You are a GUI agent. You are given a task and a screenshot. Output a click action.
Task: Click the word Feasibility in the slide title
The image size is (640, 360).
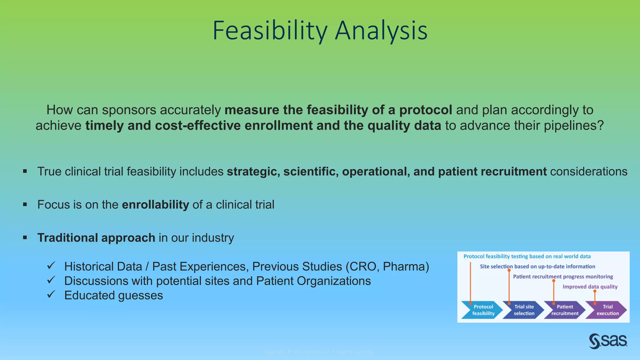270,31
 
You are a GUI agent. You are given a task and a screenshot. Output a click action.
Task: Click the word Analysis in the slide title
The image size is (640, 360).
381,31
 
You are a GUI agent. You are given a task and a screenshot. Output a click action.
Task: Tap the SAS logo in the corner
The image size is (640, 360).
608,341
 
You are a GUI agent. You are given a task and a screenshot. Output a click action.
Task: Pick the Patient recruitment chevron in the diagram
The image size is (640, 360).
565,310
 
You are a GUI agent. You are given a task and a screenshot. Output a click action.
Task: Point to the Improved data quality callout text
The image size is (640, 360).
590,287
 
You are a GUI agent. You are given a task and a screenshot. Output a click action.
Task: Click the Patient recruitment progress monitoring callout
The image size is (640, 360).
563,277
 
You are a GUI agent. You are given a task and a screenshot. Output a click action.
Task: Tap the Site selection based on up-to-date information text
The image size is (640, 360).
537,267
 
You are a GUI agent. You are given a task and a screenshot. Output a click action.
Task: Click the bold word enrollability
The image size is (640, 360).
155,205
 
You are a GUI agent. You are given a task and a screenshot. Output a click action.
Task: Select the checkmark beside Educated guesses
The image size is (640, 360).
51,294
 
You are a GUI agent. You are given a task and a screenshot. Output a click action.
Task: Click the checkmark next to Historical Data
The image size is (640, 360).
51,266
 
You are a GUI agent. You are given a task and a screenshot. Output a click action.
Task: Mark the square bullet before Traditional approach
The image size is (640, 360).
25,238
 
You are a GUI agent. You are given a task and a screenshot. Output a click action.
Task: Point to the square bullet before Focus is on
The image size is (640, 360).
25,205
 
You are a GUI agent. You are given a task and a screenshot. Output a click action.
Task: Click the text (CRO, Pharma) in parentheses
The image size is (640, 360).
387,267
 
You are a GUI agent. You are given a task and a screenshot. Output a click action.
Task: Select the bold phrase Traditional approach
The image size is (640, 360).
96,238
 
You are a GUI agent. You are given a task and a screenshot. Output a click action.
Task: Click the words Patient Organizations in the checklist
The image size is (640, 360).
313,281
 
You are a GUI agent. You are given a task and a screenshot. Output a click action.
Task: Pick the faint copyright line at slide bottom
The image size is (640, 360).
319,352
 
